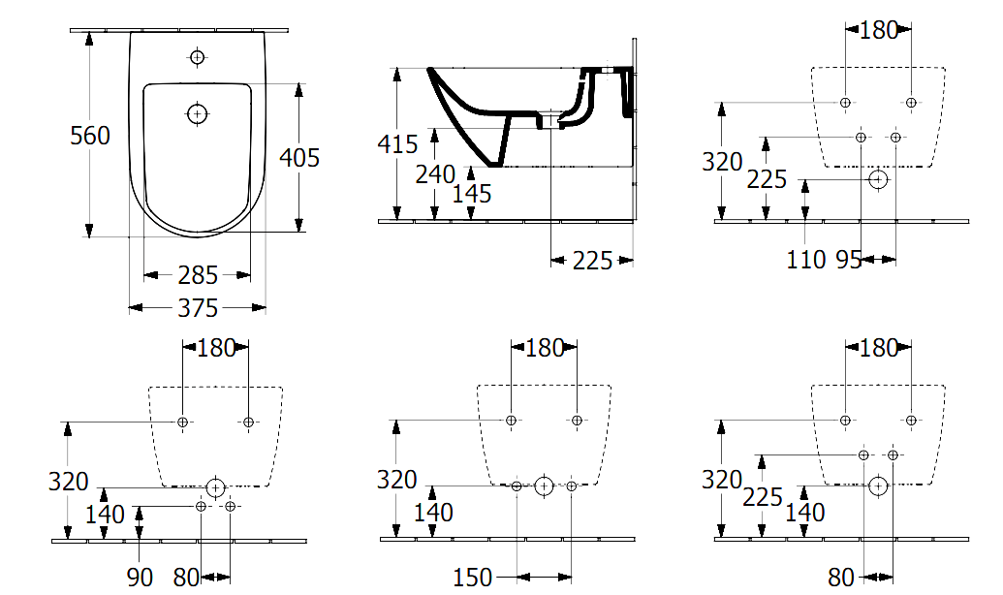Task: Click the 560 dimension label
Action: [90, 136]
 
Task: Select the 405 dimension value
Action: [299, 157]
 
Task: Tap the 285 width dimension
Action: [198, 276]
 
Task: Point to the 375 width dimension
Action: [198, 308]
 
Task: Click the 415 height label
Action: [397, 144]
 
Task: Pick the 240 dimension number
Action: [435, 174]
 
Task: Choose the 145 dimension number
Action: [471, 194]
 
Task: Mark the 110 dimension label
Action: [806, 260]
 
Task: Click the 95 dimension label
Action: [849, 260]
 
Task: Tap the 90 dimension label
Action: [140, 578]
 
